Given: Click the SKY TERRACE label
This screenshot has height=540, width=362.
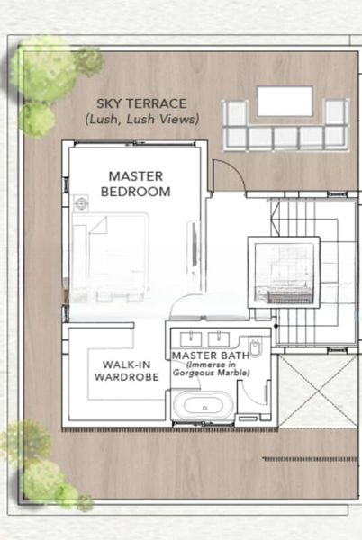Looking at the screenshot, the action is point(141,103).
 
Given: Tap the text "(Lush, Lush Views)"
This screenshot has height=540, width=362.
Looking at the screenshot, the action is point(142,120).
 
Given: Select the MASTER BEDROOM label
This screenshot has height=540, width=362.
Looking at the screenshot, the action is point(136,184).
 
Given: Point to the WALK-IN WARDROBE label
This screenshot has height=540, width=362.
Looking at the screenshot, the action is point(127,371).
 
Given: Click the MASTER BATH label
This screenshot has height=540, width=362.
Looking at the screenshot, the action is point(211,355).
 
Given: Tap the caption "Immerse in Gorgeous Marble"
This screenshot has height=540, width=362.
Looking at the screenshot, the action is point(211,368).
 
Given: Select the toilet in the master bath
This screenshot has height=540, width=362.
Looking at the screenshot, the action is point(255,346).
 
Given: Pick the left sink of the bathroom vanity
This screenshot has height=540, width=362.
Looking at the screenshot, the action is point(191,339).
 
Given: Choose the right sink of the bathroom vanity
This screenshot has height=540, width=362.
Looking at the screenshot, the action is point(219,339).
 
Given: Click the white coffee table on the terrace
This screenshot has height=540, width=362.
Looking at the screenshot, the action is point(285,102).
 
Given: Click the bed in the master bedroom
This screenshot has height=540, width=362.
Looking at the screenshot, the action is point(110,256).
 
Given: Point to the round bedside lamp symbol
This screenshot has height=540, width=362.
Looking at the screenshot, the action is point(81,203).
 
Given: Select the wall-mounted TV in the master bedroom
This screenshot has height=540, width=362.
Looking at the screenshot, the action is point(194,244).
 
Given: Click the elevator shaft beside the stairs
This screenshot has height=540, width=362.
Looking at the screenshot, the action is point(284,273).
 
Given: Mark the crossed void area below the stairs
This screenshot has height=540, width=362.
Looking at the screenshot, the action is point(318,391).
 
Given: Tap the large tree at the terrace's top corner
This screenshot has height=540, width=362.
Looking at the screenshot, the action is point(44,72).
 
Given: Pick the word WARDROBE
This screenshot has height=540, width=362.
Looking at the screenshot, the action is point(127,377).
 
